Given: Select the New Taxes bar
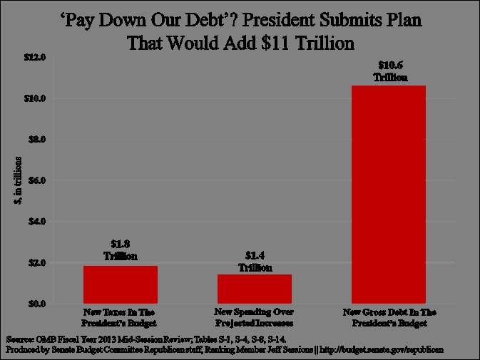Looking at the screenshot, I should click(x=121, y=284).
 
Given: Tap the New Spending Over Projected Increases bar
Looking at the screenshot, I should click(x=255, y=289).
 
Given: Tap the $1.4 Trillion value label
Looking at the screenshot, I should click(x=255, y=262).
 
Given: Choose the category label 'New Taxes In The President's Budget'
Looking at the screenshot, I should click(x=120, y=318).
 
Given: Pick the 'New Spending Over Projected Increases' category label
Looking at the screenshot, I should click(x=254, y=318).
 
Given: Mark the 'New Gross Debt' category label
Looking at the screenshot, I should click(x=388, y=318).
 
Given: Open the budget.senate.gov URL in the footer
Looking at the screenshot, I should click(x=384, y=350).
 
